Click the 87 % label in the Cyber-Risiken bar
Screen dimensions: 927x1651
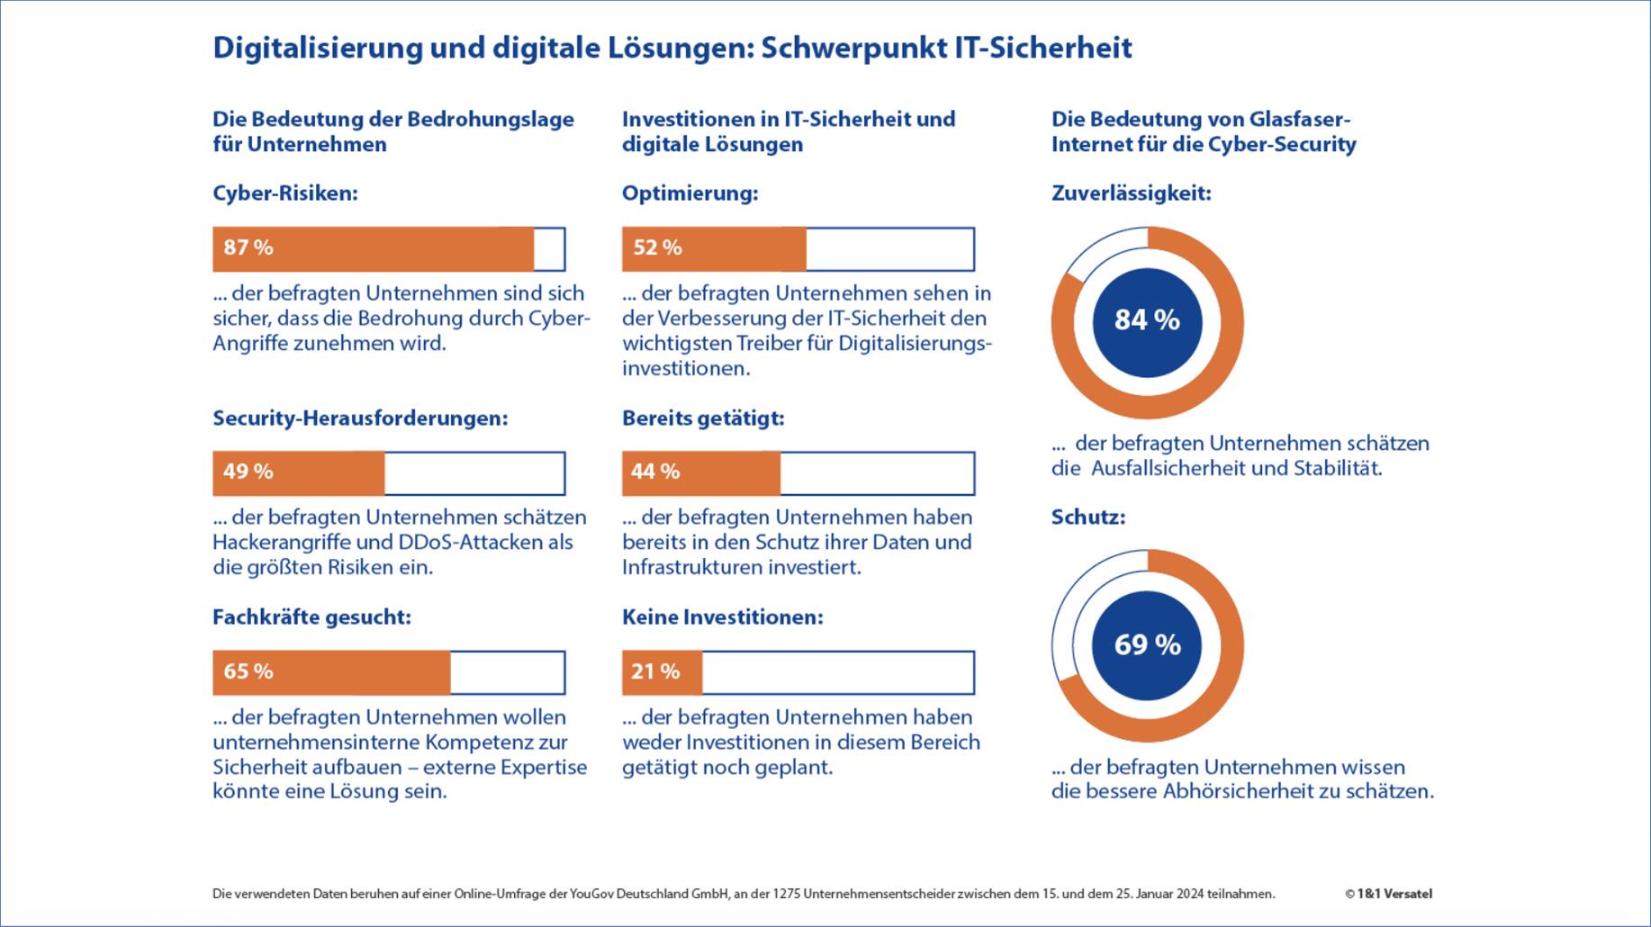(x=248, y=247)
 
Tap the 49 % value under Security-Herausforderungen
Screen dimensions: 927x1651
(x=248, y=472)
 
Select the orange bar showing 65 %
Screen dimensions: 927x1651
(x=331, y=672)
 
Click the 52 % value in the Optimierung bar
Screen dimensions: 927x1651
(x=657, y=247)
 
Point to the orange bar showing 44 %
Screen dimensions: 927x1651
(x=700, y=472)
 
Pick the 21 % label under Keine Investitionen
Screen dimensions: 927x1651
(x=655, y=671)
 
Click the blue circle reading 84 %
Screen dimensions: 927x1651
(x=1147, y=321)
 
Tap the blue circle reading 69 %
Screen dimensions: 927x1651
(x=1147, y=645)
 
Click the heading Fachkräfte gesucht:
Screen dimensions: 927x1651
(x=311, y=617)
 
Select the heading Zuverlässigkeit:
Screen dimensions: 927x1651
(x=1131, y=193)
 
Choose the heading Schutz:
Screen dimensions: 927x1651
(x=1088, y=517)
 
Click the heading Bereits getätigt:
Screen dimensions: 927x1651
(x=703, y=418)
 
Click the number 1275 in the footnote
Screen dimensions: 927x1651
(x=787, y=894)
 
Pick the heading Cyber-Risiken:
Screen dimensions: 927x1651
(x=284, y=193)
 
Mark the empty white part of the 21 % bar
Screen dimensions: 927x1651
(x=837, y=672)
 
